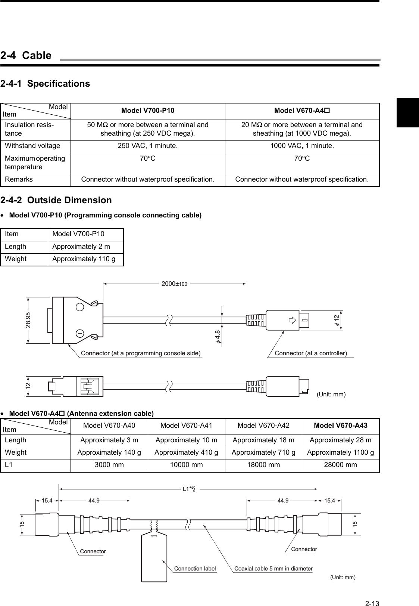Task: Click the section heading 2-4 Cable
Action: [x=26, y=56]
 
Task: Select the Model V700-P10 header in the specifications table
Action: [x=147, y=111]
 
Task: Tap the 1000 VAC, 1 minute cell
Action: [x=302, y=146]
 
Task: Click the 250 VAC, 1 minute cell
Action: [x=147, y=146]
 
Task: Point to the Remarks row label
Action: [x=19, y=179]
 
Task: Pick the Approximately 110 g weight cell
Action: [x=84, y=259]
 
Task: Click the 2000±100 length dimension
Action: [x=174, y=284]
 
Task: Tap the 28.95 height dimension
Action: [x=28, y=320]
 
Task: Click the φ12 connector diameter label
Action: [x=337, y=320]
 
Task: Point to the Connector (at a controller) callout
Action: [x=310, y=353]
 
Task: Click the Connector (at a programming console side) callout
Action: [x=141, y=353]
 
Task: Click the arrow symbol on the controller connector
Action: [x=292, y=320]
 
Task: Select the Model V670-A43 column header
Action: [x=340, y=426]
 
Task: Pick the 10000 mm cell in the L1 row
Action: [x=186, y=465]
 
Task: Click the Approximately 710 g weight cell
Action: [x=263, y=452]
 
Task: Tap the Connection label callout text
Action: [x=195, y=569]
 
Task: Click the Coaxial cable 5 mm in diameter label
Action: [x=273, y=569]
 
